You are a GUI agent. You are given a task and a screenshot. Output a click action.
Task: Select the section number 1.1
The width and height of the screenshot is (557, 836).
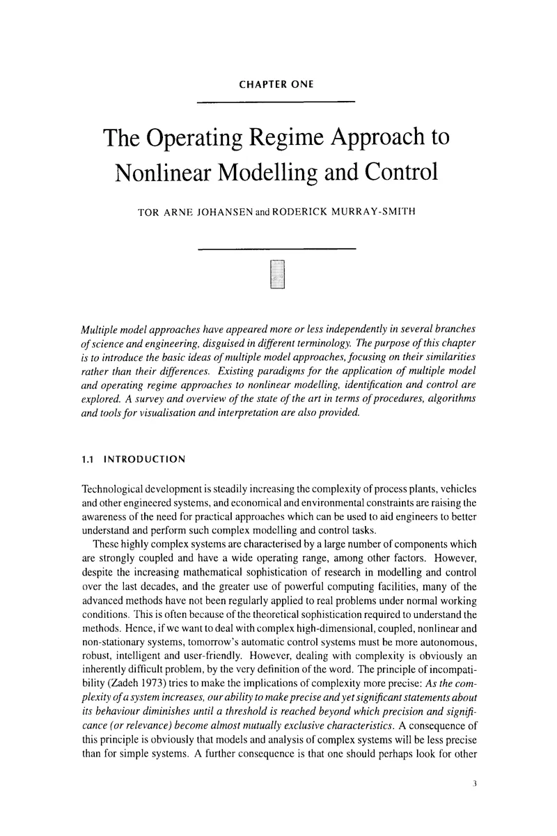click(89, 459)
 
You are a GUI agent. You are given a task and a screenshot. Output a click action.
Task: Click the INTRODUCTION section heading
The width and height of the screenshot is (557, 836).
click(145, 459)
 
